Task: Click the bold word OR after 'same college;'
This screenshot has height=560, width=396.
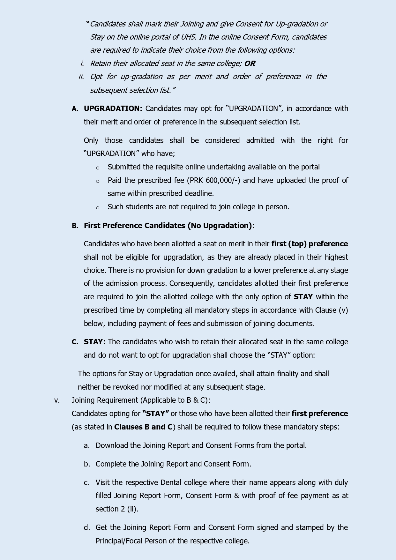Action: coord(250,63)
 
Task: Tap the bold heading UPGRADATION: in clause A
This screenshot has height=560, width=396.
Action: coord(113,108)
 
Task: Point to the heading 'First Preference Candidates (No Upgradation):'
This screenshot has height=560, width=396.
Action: coord(169,226)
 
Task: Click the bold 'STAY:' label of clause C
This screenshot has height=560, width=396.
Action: coord(94,342)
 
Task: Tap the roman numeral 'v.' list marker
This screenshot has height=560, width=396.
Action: coord(57,400)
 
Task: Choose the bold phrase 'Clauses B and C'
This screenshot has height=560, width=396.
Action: coord(143,427)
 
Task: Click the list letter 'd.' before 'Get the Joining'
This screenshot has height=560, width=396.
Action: coord(87,527)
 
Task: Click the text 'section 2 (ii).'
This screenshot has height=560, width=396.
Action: coord(117,509)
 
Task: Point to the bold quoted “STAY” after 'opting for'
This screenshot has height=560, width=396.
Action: coord(156,414)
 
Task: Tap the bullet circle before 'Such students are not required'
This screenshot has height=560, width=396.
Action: coord(98,208)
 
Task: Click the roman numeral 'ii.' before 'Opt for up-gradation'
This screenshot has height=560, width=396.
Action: coord(81,77)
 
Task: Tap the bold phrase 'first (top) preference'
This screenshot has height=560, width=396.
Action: coord(310,244)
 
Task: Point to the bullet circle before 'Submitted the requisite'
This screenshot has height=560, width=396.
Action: coord(98,168)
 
